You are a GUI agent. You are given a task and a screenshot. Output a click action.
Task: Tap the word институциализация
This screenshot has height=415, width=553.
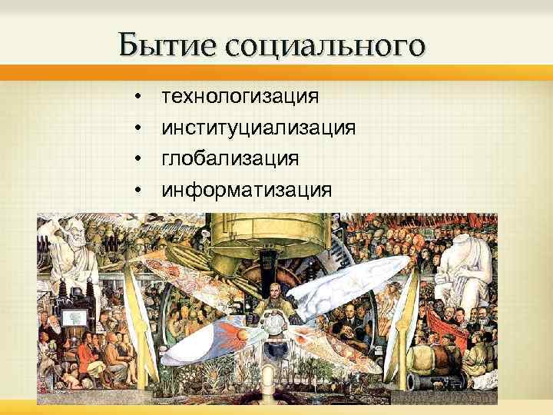pos(258,127)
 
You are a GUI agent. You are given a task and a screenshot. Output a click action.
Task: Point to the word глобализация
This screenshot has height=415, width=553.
pos(230,158)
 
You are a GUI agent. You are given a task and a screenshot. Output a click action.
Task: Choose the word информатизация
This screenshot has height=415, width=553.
pos(247,189)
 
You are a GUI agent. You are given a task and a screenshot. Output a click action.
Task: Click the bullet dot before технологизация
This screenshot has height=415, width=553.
pos(136,97)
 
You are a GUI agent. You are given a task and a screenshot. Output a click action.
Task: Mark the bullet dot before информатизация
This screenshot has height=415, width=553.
pos(136,190)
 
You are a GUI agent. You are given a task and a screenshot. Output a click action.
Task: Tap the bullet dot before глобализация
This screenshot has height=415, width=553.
pos(136,159)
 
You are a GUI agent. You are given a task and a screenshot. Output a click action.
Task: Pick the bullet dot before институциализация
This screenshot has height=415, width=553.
pos(136,128)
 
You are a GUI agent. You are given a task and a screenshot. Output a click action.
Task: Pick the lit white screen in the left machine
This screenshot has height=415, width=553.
pos(75,316)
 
